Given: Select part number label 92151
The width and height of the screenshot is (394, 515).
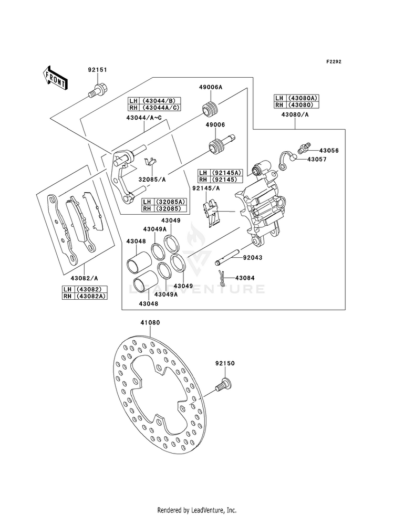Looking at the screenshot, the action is (x=97, y=70).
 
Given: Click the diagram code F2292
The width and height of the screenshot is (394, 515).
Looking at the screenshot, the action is (x=334, y=61).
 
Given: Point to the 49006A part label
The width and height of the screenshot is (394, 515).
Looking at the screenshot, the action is (x=210, y=87).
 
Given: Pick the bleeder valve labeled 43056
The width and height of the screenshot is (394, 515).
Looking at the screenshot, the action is (x=304, y=148).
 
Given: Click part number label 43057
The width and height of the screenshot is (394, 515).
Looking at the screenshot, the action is (x=317, y=159).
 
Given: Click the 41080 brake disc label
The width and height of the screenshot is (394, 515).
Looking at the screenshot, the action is (x=150, y=322).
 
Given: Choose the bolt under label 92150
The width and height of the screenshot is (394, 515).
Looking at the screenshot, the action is (x=223, y=384).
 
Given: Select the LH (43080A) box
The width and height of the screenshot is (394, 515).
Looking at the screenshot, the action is (x=297, y=98).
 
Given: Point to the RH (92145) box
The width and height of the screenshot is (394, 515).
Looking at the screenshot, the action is (x=220, y=180).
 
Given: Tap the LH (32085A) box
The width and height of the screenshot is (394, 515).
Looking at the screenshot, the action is (x=164, y=202).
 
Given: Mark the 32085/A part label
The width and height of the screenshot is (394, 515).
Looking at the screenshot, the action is (x=152, y=180).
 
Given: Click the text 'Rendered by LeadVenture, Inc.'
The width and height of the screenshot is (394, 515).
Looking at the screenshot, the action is (x=197, y=510).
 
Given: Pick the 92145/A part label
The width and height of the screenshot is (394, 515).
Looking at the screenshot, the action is (x=206, y=188).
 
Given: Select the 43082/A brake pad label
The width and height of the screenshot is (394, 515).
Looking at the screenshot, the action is (x=84, y=279).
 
